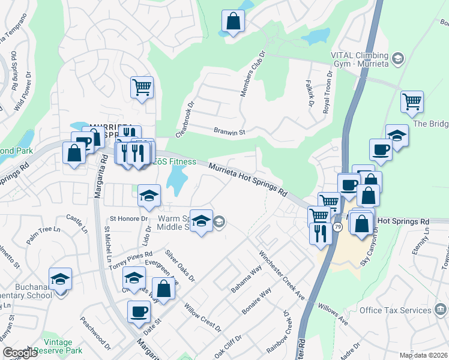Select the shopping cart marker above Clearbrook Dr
pyautogui.click(x=142, y=88)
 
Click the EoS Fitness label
pyautogui.click(x=173, y=161)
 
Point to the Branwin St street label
pyautogui.click(x=231, y=131)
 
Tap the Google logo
pyautogui.click(x=20, y=353)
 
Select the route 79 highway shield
pyautogui.click(x=338, y=227)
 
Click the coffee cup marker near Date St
pyautogui.click(x=139, y=311)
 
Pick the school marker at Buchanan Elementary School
pyautogui.click(x=60, y=279)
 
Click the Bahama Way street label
pyautogui.click(x=247, y=280)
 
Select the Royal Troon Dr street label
pyautogui.click(x=328, y=91)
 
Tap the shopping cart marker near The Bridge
pyautogui.click(x=412, y=102)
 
